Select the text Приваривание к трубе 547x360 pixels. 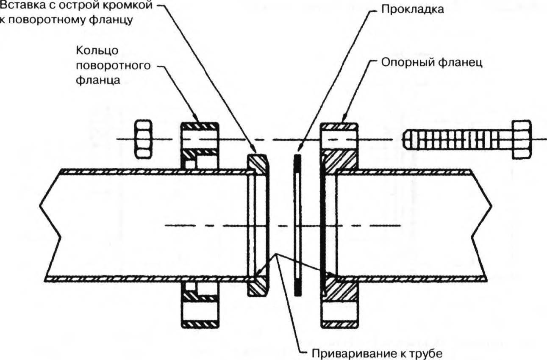(x=373, y=353)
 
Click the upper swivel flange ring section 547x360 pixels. (x=200, y=144)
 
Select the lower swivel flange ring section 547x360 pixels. (x=200, y=305)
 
